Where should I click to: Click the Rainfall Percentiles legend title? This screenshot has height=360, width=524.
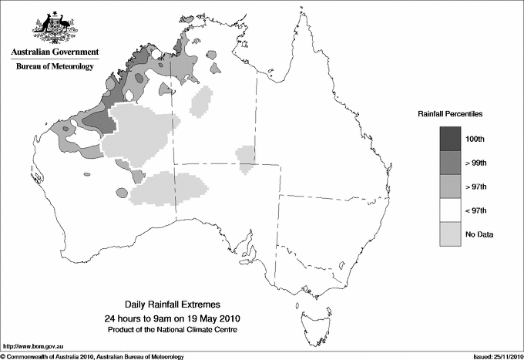point(450,113)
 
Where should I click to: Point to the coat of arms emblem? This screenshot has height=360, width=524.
point(54,26)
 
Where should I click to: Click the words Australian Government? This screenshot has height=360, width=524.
point(54,52)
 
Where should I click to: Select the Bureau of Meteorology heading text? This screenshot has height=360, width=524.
point(54,67)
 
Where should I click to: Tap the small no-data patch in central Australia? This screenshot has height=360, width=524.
point(246,158)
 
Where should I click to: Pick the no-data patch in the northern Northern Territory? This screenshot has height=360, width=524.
point(202,101)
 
